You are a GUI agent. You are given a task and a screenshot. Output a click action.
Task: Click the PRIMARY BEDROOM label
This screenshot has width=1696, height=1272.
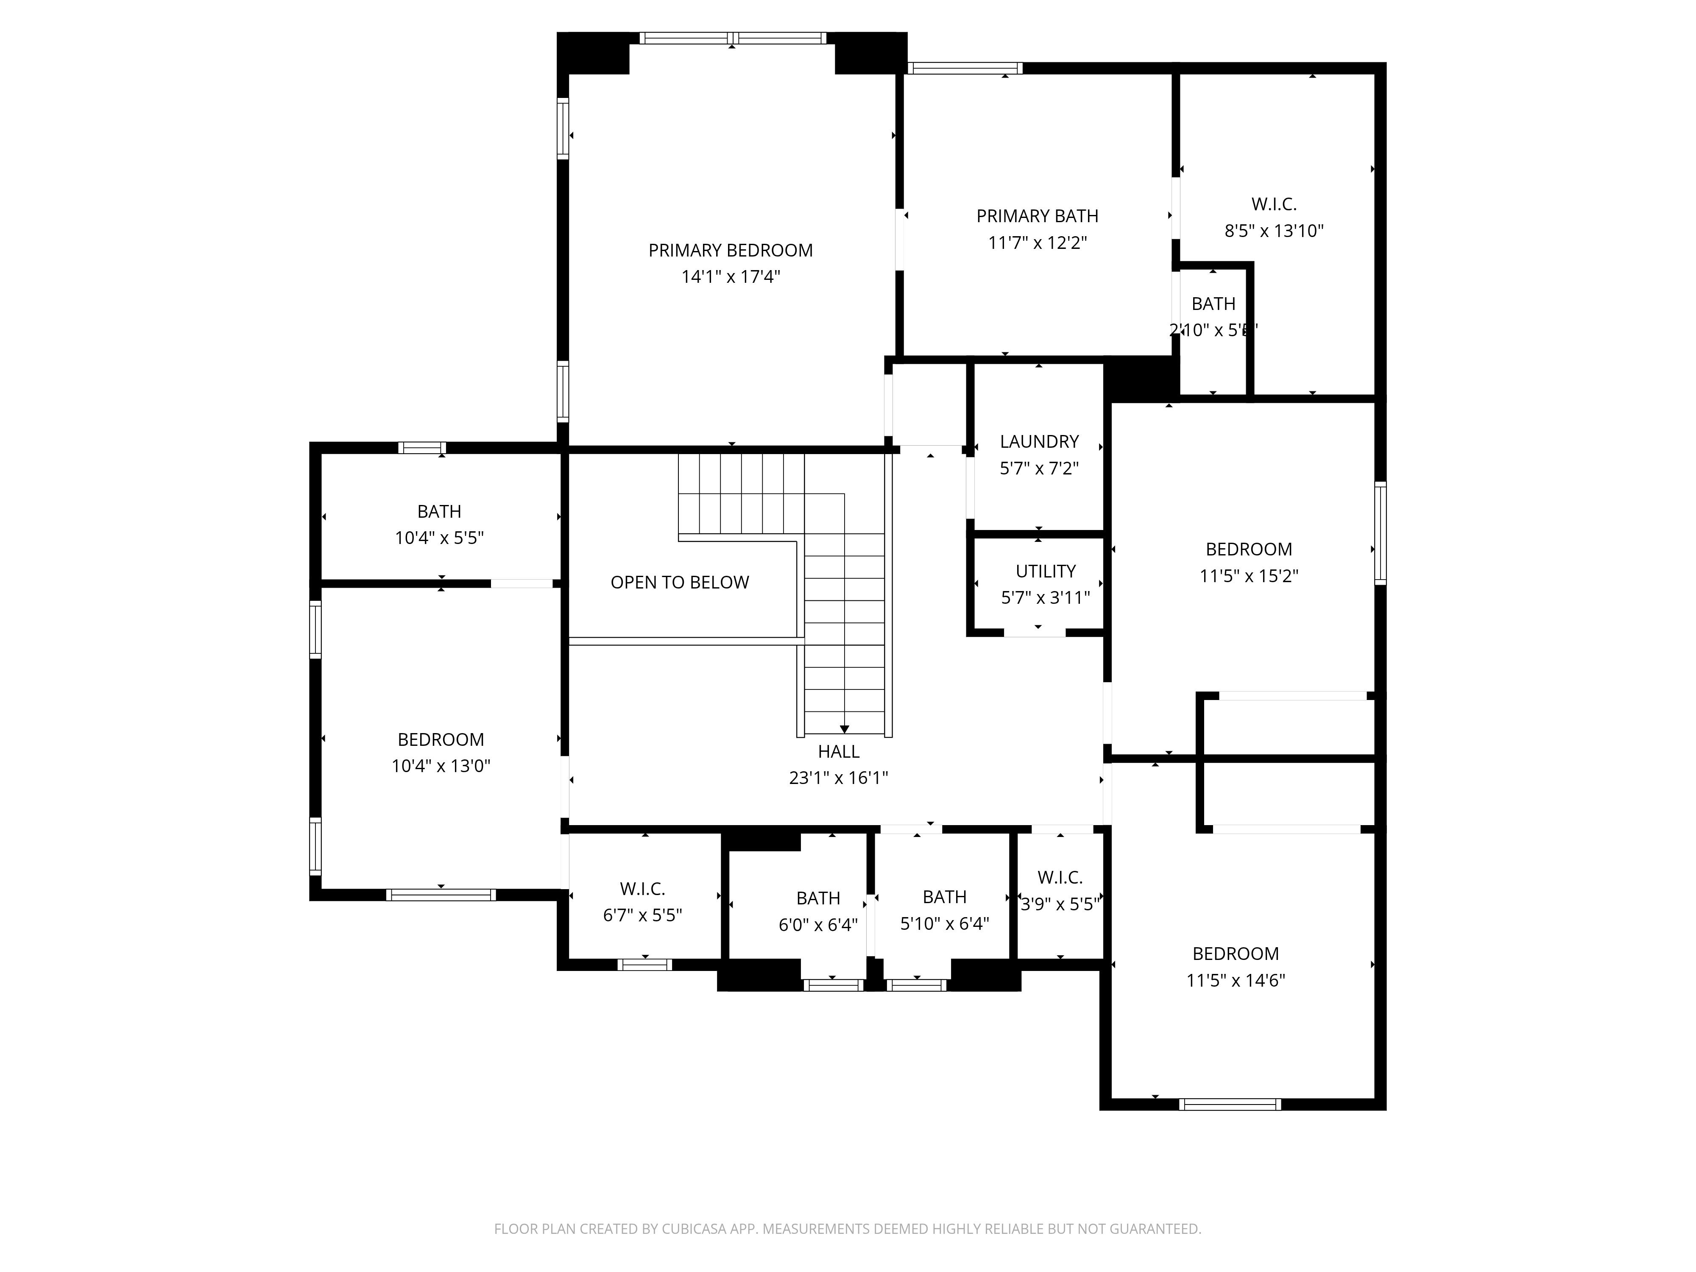(731, 251)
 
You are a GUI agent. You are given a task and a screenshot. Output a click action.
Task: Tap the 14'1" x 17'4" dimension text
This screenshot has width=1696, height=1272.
(731, 277)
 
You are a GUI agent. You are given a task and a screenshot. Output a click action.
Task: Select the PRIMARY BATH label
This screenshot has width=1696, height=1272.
(1038, 216)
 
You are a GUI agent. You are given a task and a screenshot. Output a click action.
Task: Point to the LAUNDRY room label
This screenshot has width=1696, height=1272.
(1039, 442)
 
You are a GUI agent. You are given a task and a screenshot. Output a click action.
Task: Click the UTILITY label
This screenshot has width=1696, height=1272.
(1046, 571)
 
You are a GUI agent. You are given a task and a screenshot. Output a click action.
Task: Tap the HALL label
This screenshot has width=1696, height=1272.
(839, 751)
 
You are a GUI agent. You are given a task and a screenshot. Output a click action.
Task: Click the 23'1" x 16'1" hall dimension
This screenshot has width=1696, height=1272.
(839, 778)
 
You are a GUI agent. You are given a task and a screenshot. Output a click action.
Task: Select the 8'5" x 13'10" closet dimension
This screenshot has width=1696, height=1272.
(1274, 231)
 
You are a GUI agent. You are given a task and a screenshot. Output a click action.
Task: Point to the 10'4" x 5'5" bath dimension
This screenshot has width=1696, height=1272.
(439, 538)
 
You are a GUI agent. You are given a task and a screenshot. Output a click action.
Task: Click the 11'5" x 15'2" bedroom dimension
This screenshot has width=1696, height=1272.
(1249, 576)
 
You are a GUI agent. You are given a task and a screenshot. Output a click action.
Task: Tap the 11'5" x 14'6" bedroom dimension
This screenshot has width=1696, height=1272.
(1236, 981)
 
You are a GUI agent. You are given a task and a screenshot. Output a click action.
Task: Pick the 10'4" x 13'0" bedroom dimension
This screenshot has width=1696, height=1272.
(441, 766)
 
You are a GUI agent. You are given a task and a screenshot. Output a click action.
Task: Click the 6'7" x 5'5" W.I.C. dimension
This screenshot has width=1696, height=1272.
(642, 915)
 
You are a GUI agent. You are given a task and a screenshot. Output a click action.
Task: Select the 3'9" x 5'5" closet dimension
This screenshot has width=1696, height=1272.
(1060, 905)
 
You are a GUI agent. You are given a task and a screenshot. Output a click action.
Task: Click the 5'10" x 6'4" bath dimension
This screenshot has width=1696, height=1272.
(945, 924)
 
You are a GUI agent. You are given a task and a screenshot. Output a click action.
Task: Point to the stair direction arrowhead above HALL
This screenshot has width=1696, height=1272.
(844, 729)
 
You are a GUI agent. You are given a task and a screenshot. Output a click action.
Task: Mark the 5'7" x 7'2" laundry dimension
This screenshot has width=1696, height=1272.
(1039, 469)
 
